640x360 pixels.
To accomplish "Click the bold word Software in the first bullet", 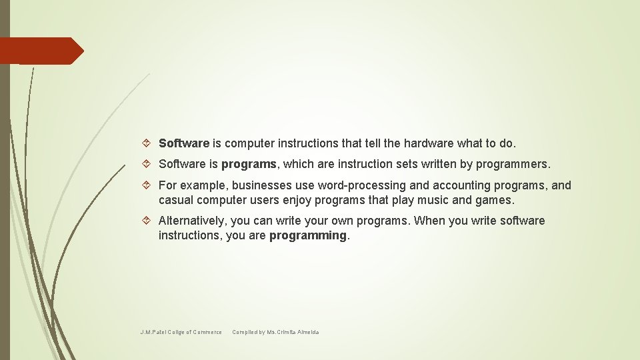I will coord(184,143).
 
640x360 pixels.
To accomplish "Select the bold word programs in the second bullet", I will coord(249,164).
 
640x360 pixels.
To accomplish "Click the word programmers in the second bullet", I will coord(513,164).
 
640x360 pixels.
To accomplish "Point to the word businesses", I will coord(267,185).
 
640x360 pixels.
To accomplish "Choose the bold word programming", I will coord(308,235).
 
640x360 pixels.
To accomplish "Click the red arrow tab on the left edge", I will coord(41,51).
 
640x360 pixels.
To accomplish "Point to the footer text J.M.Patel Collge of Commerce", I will coord(181,332).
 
